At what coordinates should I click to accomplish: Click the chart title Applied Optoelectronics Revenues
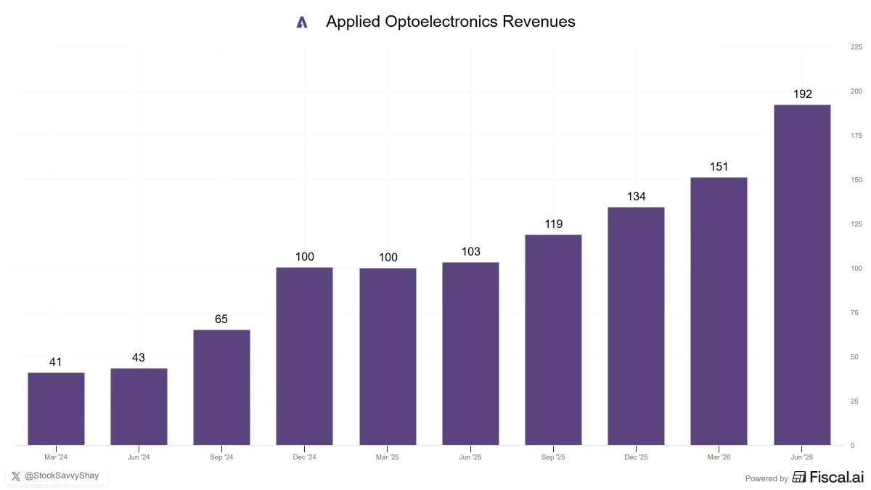(450, 22)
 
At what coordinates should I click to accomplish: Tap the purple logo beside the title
(302, 23)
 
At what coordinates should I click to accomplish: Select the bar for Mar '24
(56, 409)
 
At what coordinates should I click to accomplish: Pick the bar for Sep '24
(221, 388)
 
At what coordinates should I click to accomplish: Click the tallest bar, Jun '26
(802, 274)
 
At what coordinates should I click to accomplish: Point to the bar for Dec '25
(636, 326)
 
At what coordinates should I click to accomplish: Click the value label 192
(803, 94)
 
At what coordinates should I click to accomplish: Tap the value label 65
(221, 319)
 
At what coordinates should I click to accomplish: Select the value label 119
(553, 224)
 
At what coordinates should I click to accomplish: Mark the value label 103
(471, 252)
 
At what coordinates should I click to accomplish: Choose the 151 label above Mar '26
(719, 167)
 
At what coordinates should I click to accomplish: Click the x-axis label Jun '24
(139, 457)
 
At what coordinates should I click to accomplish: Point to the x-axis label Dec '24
(304, 457)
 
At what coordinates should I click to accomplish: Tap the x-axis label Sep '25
(553, 457)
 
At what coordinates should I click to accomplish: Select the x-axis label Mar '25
(388, 457)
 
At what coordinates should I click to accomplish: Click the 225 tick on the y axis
(856, 47)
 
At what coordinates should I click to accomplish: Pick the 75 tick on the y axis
(854, 313)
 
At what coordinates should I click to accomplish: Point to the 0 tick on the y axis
(852, 445)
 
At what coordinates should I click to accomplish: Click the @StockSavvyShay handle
(62, 475)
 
